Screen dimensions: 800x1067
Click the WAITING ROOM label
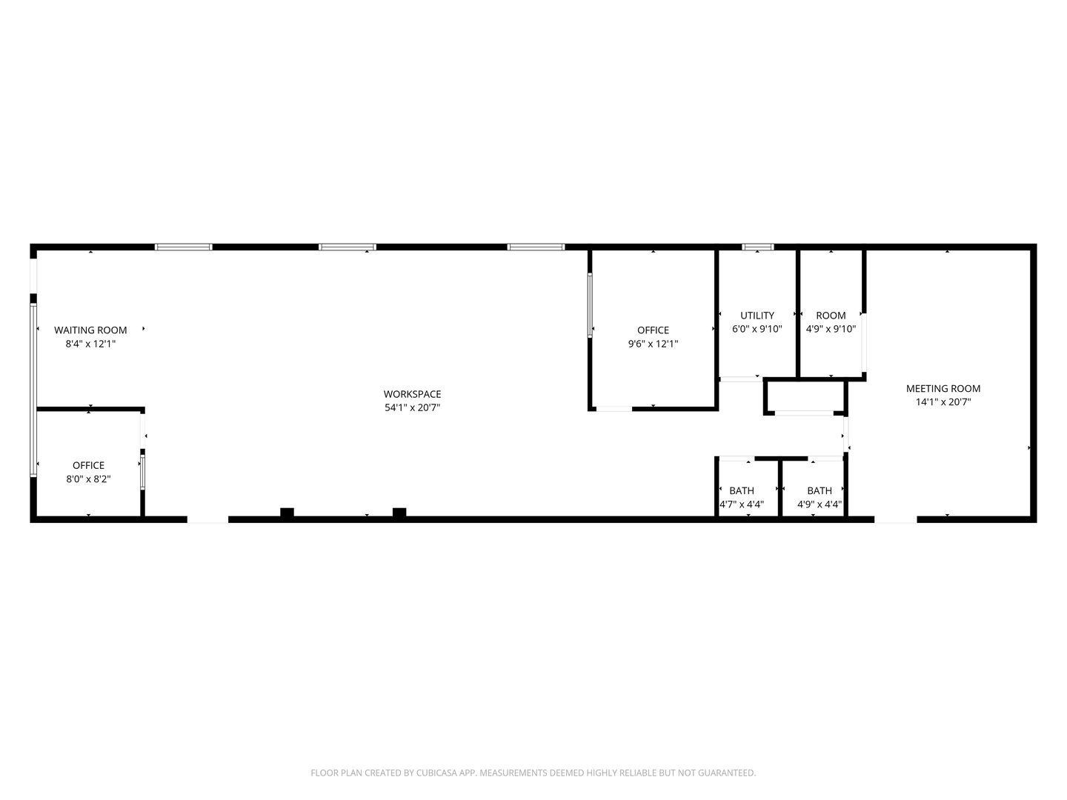click(x=90, y=330)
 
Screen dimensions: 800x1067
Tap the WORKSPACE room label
click(x=412, y=394)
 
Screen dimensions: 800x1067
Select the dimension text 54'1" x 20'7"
click(x=412, y=407)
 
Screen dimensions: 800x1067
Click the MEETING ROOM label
click(x=943, y=388)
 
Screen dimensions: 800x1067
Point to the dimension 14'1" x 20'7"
click(x=943, y=402)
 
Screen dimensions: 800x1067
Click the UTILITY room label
click(x=757, y=316)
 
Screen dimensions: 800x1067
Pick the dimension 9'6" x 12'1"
click(x=653, y=344)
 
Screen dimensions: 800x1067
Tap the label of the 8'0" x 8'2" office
click(x=88, y=465)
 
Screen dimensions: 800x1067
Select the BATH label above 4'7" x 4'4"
click(x=741, y=490)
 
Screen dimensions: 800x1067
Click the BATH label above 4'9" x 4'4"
click(x=819, y=490)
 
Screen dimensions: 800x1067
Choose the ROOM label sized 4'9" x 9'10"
click(x=831, y=316)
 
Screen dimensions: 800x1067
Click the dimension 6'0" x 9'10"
click(x=757, y=329)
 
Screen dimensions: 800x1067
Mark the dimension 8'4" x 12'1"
click(x=90, y=344)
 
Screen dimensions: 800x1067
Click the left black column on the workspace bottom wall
click(x=287, y=513)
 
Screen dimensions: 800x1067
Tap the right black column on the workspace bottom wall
click(x=399, y=513)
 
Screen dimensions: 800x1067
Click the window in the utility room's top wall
click(x=757, y=247)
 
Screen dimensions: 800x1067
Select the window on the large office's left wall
click(x=591, y=305)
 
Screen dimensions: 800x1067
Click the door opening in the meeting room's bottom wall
click(x=895, y=519)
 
